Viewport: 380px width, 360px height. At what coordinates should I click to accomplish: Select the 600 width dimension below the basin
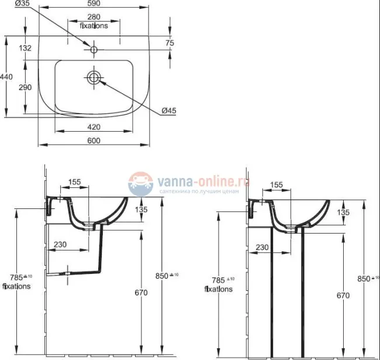coord(94,140)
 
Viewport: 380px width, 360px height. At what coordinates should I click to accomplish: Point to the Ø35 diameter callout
coord(22,4)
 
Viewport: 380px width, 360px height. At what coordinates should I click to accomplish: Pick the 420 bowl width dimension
coord(94,126)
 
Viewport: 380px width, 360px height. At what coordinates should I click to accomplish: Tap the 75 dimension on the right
coord(170,43)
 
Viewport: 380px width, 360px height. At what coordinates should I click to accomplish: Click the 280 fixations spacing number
coord(94,17)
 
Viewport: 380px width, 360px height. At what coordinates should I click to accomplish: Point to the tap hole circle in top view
coord(94,48)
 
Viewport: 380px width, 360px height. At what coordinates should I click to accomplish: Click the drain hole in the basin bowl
coord(94,77)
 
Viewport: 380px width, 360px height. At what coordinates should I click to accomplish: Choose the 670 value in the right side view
coord(343,296)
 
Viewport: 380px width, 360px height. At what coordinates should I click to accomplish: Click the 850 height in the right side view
coord(364,278)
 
